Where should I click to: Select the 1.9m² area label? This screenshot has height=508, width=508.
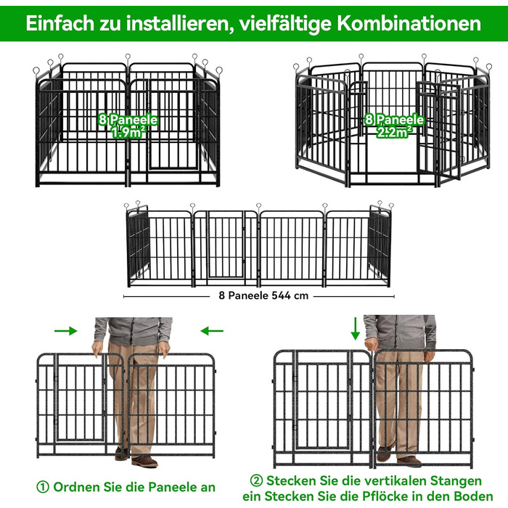coord(128,132)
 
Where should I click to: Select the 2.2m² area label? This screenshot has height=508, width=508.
coord(394,132)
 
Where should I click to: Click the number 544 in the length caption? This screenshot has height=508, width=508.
coord(281,295)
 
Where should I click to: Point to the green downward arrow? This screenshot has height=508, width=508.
coord(356,329)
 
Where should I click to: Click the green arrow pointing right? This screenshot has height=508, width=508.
coord(66,331)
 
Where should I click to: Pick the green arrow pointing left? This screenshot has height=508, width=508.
coord(212,331)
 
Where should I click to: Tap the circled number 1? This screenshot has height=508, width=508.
coord(43,487)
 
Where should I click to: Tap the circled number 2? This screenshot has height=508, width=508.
coord(256,480)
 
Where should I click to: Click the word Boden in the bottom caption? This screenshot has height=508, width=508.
coord(473,496)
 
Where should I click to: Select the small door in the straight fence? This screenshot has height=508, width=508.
coord(226,245)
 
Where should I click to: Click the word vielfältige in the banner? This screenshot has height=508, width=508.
coord(282,24)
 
